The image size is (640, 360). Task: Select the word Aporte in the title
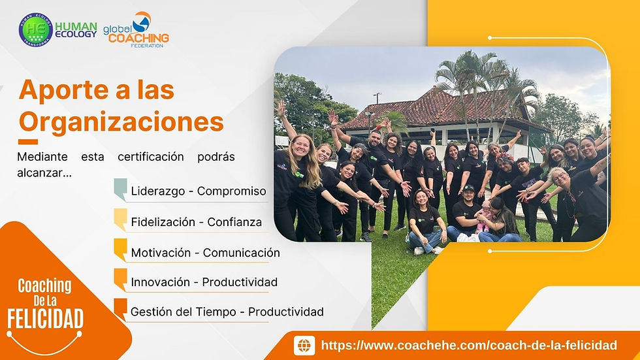(x=58, y=90)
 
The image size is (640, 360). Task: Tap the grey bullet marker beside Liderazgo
(x=120, y=189)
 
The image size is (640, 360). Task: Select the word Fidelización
(x=165, y=222)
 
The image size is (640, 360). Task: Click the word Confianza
(x=234, y=222)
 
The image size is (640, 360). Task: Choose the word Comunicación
(x=241, y=253)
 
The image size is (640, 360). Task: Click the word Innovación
(x=163, y=282)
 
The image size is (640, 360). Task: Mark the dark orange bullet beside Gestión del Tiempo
(x=120, y=309)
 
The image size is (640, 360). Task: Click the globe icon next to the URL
(x=304, y=345)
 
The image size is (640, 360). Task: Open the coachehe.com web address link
(x=469, y=345)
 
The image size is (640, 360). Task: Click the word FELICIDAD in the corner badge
(x=45, y=319)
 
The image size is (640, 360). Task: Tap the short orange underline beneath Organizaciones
(x=28, y=141)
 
